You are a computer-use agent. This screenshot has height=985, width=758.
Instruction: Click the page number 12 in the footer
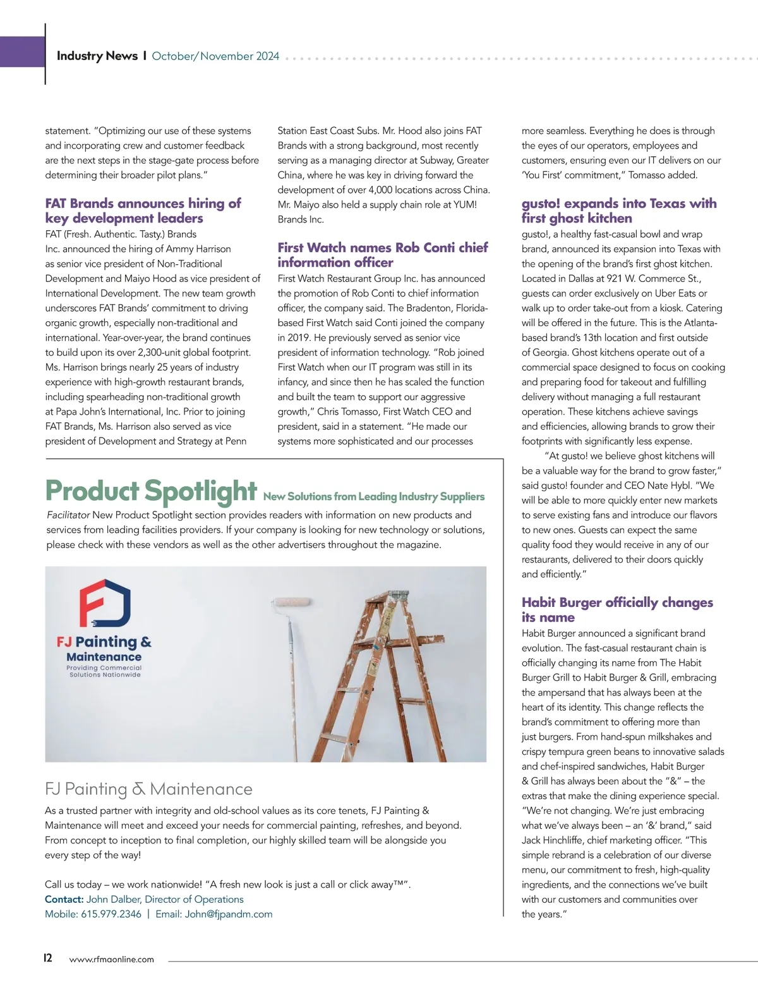tap(48, 957)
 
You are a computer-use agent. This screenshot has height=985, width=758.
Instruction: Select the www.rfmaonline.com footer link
tap(111, 959)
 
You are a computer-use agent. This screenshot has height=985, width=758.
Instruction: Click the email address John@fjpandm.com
tap(228, 914)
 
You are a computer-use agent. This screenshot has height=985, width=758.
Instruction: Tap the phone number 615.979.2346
tap(111, 914)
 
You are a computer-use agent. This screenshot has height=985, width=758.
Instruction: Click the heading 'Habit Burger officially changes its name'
tap(617, 609)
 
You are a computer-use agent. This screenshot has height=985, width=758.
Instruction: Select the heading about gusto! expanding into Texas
tap(618, 211)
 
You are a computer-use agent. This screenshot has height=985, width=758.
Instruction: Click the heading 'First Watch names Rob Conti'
tap(382, 255)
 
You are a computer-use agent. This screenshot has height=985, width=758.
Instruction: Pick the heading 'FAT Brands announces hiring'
tap(143, 211)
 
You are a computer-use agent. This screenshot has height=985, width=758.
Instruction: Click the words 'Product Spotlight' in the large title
tap(151, 491)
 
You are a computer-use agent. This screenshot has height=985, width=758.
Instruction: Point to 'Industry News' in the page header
tap(97, 56)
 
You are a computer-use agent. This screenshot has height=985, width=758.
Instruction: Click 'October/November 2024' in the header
tap(215, 56)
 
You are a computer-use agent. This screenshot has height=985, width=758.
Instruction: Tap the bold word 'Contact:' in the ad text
tap(64, 899)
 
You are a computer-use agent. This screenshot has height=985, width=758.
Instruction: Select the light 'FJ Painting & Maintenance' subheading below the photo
tap(148, 789)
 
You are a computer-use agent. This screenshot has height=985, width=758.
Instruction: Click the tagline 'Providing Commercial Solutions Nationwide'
tap(105, 671)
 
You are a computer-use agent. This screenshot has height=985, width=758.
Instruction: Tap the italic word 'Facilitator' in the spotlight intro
tap(68, 515)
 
